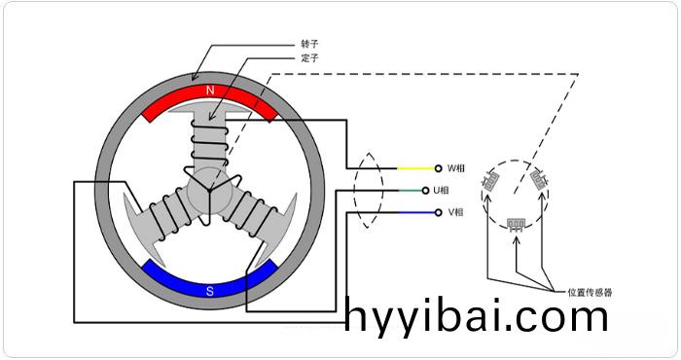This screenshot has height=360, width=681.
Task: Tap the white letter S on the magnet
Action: (209, 290)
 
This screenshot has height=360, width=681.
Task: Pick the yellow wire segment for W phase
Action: (413, 168)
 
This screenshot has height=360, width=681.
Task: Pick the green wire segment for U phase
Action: (413, 191)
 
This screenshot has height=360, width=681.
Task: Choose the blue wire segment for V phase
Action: (413, 212)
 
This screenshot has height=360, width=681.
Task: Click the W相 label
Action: (455, 168)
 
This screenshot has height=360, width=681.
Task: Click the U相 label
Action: (455, 191)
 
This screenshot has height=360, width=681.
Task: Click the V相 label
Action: (455, 212)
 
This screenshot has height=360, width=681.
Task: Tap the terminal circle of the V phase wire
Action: (439, 212)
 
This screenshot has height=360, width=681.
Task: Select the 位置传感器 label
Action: (590, 291)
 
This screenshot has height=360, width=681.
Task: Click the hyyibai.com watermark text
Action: (477, 317)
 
